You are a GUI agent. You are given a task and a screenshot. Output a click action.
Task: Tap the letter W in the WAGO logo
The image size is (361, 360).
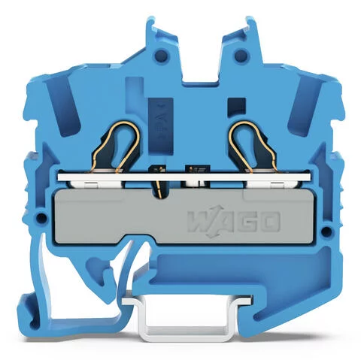[x=197, y=223]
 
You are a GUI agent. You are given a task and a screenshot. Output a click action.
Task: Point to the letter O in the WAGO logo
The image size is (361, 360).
[x=269, y=222]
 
